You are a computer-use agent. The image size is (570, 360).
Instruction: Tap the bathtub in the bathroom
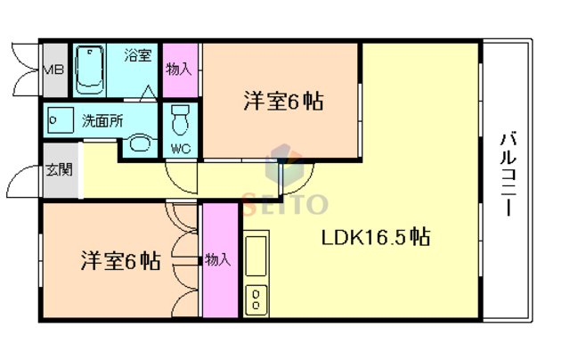pyautogui.click(x=88, y=69)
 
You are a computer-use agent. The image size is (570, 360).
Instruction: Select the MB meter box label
pyautogui.click(x=53, y=69)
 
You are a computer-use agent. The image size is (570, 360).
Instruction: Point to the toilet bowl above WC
pyautogui.click(x=181, y=116)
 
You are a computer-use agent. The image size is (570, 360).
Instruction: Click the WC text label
pyautogui.click(x=180, y=147)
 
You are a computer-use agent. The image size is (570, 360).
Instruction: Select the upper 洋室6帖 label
pyautogui.click(x=282, y=102)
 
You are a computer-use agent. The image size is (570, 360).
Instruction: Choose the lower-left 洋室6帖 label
pyautogui.click(x=120, y=261)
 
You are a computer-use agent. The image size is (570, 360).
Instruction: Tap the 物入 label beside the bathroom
pyautogui.click(x=179, y=69)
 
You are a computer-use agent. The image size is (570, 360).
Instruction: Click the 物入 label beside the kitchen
pyautogui.click(x=218, y=260)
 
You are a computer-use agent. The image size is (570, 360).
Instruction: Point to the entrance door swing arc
pyautogui.click(x=22, y=185)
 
